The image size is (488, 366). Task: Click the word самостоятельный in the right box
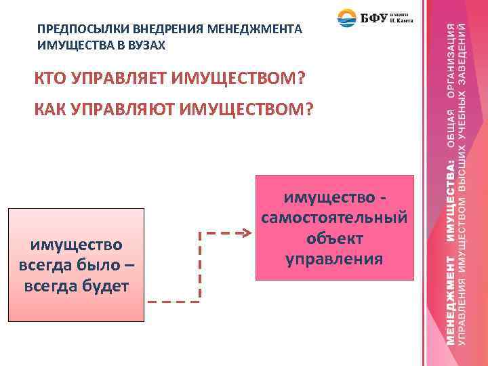334,218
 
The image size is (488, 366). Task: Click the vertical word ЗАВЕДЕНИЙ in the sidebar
462,54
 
